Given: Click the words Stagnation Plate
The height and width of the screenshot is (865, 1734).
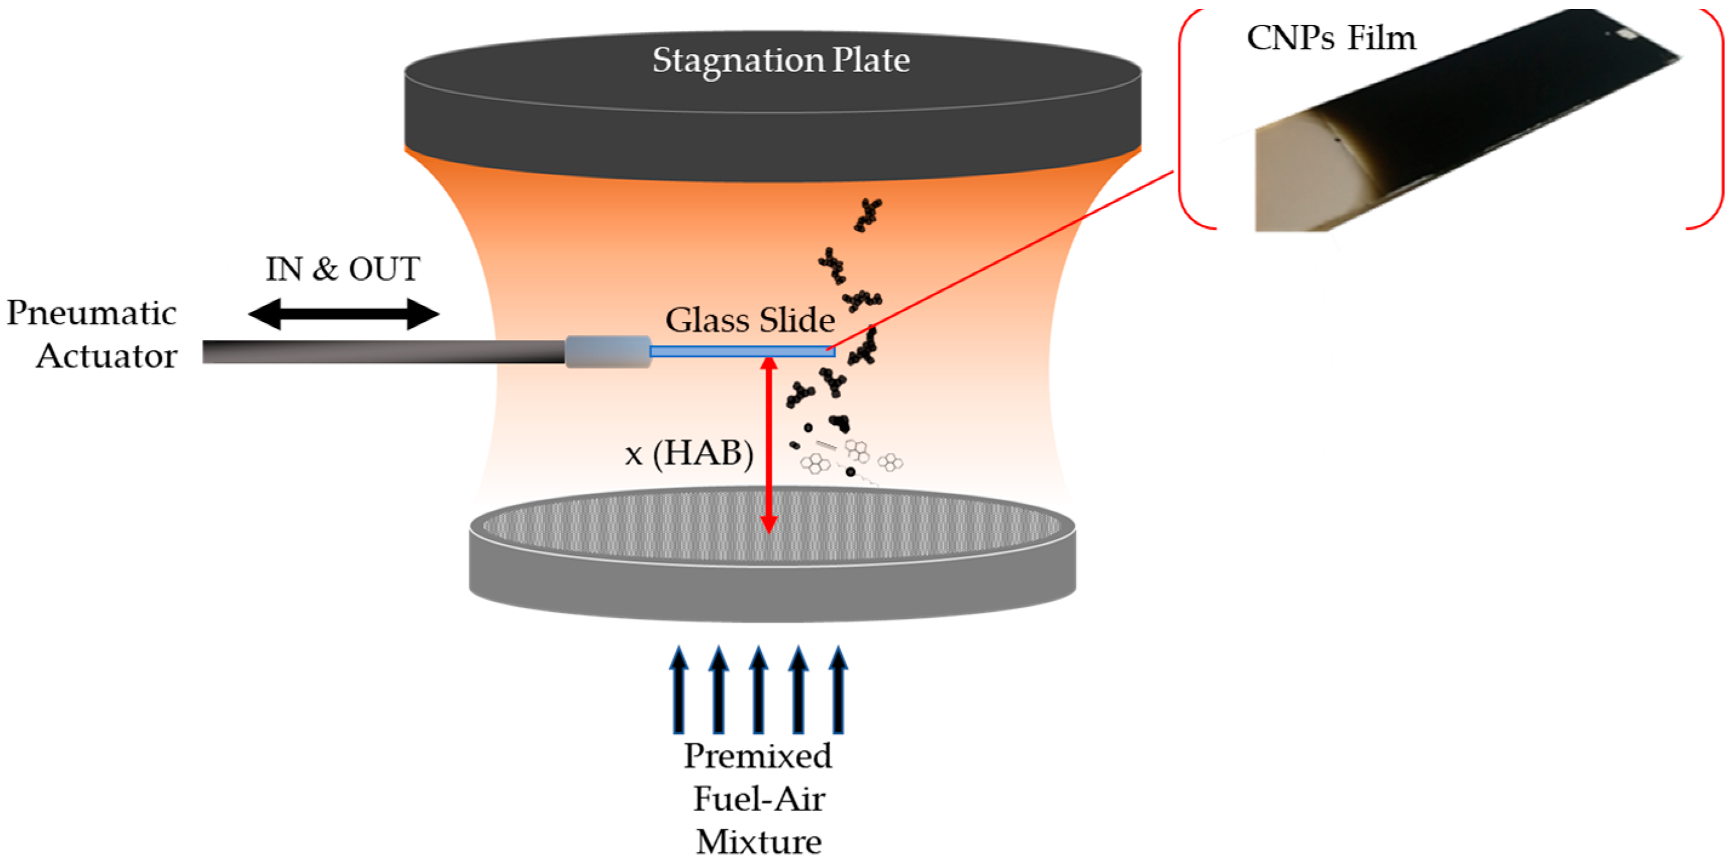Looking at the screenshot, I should coord(781,61).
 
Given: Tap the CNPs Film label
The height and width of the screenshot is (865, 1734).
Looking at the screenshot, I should coord(1331,38).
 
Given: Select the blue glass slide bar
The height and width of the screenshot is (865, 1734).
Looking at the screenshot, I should coord(741,352).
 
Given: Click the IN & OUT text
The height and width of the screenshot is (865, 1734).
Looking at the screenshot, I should coord(342,269).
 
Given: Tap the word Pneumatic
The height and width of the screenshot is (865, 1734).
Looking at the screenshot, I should coord(92,313).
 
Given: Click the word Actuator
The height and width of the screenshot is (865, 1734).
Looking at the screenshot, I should coord(106,356).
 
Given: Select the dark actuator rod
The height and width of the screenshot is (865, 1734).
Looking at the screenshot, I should coord(384,352).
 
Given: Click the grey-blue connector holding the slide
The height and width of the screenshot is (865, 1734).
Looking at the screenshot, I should coord(608,352).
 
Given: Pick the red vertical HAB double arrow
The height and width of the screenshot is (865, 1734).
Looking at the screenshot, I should coord(769,444).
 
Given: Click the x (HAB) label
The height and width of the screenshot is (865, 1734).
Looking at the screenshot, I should coord(689,453).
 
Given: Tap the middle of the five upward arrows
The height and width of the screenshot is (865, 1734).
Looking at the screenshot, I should coord(759,690).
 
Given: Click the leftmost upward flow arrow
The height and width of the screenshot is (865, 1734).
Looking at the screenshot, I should coord(679,690).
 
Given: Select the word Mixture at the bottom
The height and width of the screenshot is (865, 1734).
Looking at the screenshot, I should coord(759,842).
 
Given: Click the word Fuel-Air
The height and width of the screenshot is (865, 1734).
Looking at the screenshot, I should coord(759,800).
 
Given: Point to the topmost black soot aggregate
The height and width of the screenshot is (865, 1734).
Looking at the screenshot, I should coord(869,215).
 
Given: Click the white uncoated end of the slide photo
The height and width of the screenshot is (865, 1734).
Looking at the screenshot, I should coord(1292,182).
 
